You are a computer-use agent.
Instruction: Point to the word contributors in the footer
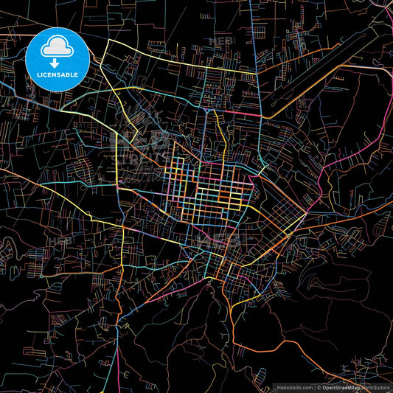[375, 386]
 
